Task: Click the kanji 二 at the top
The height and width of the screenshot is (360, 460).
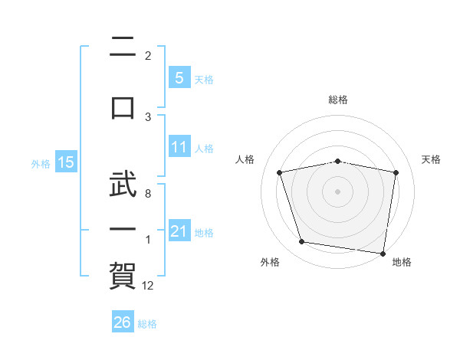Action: point(123,46)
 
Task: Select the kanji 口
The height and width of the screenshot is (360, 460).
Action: point(123,108)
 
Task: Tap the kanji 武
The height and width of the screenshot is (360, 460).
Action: point(123,184)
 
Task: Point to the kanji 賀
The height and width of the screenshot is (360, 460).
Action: point(123,276)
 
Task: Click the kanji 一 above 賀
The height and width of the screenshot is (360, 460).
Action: point(123,229)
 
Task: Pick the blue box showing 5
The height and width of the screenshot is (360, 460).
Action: point(179,77)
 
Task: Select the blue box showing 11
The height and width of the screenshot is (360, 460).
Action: point(179,146)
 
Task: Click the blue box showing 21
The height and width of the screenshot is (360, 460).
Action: point(179,230)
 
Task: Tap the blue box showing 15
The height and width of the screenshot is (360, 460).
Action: point(66,162)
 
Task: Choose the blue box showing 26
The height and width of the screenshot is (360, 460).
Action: point(123,321)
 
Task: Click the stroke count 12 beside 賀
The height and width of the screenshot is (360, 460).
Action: point(147,286)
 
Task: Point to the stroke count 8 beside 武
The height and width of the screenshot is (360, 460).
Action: point(148,194)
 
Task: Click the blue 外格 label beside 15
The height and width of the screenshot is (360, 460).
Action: point(41,164)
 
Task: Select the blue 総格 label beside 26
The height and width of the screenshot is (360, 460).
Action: point(147,324)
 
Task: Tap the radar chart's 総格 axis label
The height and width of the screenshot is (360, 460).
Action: point(338,100)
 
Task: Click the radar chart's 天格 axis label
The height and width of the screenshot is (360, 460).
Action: point(431,159)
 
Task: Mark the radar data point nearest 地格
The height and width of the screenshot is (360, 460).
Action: point(383,254)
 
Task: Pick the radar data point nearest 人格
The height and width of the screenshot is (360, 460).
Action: point(279,172)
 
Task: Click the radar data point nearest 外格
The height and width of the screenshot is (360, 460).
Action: point(301,242)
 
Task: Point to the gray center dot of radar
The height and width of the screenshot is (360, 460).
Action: point(337,191)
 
